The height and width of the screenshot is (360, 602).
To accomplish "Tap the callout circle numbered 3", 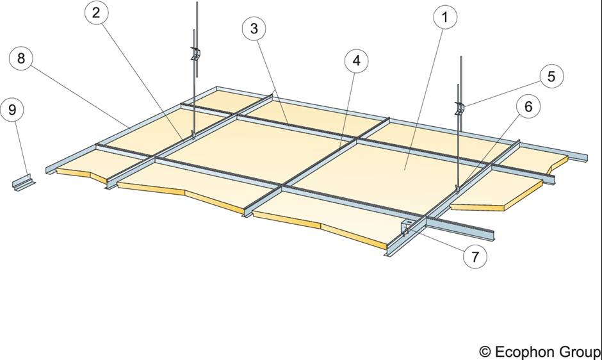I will (x=255, y=29).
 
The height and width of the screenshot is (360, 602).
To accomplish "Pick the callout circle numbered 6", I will (x=528, y=107).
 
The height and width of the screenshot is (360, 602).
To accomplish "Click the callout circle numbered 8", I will (x=22, y=59).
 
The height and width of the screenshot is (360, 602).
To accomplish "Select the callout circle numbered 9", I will (x=12, y=110).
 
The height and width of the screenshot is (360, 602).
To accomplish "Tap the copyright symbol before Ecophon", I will (x=485, y=352).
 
